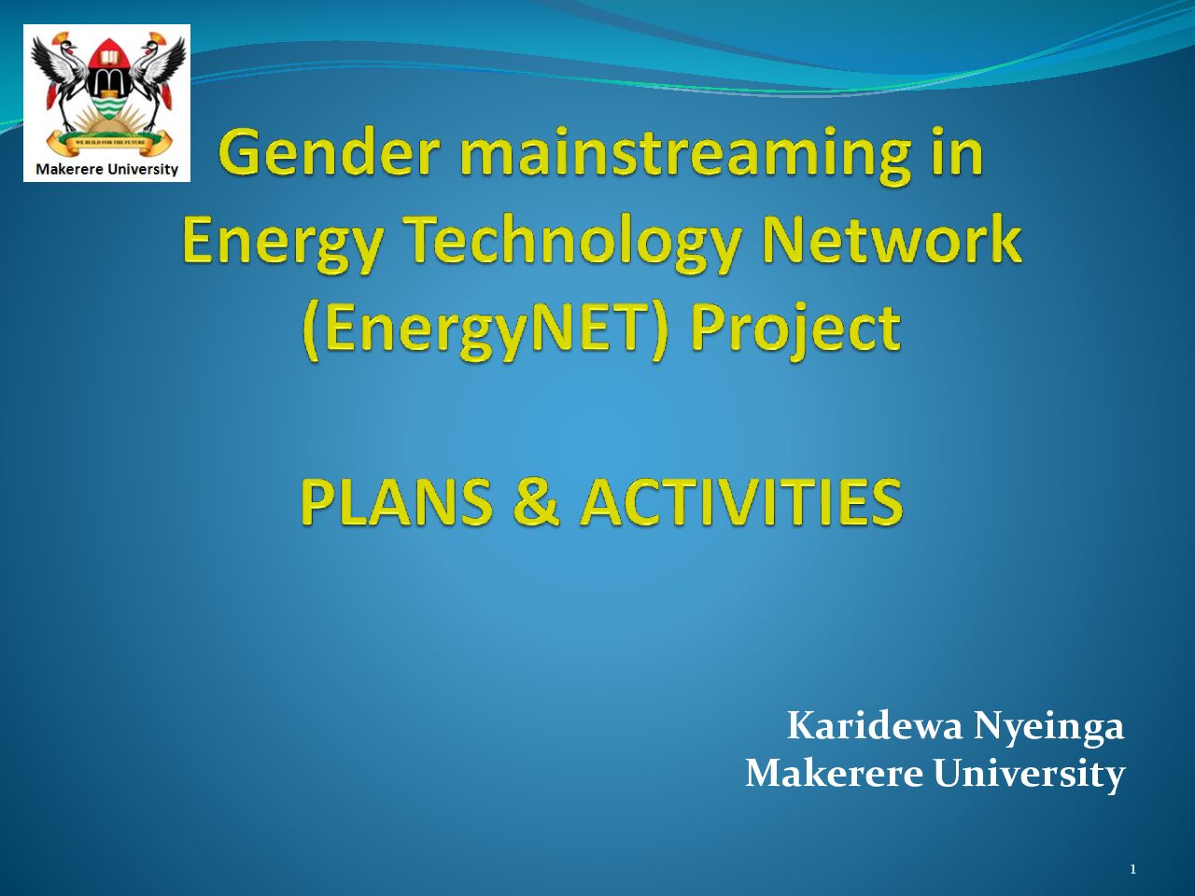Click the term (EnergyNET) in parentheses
(485, 330)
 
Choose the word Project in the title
(795, 330)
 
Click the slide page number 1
(1133, 869)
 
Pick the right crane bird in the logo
(158, 77)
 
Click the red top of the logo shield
(109, 54)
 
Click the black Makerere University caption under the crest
(106, 169)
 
